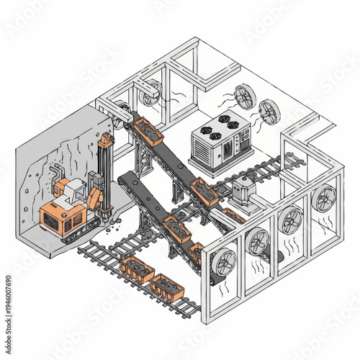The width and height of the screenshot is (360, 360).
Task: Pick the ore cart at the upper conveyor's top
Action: [x=149, y=130]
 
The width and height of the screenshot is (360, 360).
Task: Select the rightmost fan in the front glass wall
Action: [x=325, y=197]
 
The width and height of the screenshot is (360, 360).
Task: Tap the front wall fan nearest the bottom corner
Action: [x=224, y=262]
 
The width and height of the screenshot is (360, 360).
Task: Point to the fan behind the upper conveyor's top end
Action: [x=152, y=93]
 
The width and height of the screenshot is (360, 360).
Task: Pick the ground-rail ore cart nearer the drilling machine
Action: [x=136, y=269]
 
